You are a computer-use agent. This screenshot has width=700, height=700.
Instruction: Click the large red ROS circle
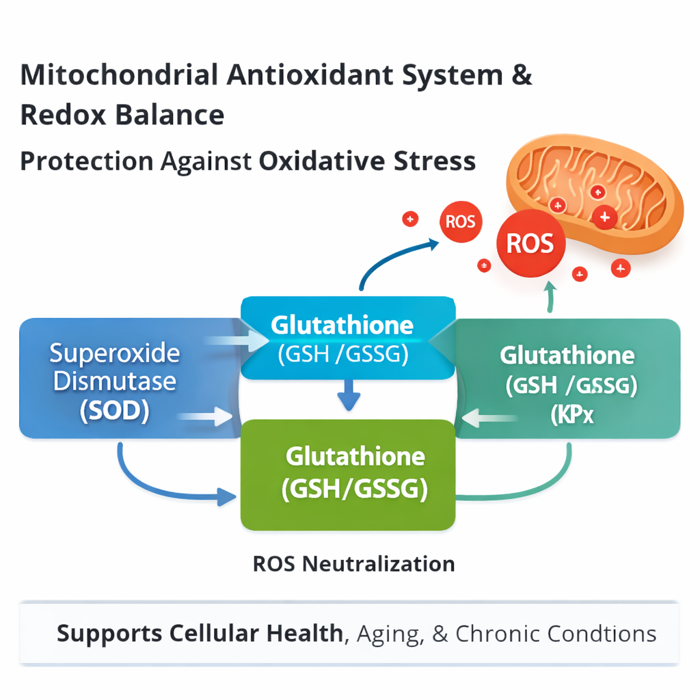tap(530, 244)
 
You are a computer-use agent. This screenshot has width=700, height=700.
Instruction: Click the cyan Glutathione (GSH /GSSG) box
tap(348, 338)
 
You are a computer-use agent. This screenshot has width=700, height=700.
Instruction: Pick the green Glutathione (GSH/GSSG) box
tap(348, 474)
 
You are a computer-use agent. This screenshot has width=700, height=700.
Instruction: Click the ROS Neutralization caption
tap(353, 564)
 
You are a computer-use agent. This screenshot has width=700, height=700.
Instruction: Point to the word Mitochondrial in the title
tap(116, 75)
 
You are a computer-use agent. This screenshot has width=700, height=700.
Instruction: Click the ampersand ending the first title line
tap(521, 75)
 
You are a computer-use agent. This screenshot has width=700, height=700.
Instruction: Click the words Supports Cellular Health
tap(199, 633)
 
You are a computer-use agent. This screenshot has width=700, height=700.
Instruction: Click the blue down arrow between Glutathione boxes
tap(348, 396)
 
